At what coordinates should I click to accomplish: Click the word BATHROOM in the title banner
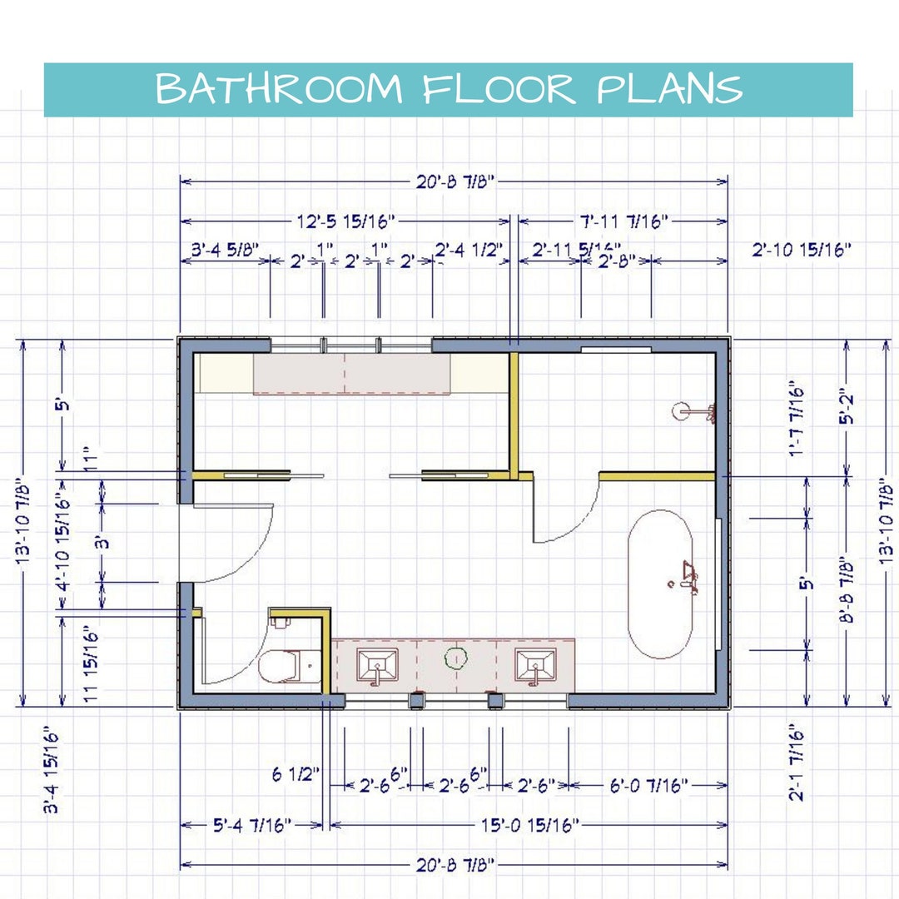coord(278,89)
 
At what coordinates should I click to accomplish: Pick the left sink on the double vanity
coord(379,665)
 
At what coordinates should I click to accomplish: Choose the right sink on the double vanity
coord(535,665)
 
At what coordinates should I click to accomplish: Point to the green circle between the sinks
coord(454,658)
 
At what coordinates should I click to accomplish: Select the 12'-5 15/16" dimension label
coord(345,221)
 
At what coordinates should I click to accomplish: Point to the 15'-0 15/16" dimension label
coord(529,825)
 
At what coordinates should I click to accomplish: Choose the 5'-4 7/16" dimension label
coord(251,825)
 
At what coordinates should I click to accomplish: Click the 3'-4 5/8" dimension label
coord(226,249)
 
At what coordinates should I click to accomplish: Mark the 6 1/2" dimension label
coord(296,775)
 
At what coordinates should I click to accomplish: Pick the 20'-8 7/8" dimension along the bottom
coord(454,865)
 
